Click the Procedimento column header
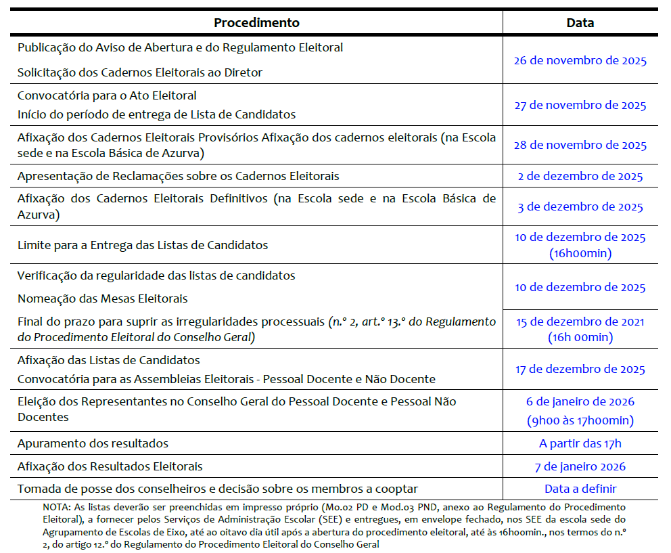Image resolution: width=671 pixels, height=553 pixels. pos(256,22)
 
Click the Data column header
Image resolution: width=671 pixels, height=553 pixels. pos(580,22)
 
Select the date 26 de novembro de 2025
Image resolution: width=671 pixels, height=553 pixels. pos(580,60)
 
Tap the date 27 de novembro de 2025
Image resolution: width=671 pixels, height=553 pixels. pos(580,105)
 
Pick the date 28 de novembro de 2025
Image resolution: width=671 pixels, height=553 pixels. pos(580,145)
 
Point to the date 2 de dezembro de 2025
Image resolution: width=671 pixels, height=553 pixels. pos(580,177)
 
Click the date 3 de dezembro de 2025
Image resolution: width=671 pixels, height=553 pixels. pos(580,207)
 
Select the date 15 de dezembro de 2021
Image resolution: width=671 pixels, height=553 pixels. pos(580,322)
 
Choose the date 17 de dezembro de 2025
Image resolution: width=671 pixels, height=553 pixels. pos(580,370)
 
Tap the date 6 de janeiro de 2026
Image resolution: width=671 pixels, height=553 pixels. pos(580,402)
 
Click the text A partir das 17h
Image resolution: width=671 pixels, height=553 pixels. pos(580,444)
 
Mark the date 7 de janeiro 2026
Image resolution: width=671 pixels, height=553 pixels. pos(580,466)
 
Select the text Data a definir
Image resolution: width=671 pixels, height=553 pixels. pos(580,489)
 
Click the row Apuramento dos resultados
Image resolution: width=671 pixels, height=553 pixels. pos(93,444)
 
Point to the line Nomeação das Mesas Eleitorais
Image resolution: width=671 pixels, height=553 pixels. pos(103,298)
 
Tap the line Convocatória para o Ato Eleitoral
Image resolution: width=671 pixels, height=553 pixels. pos(107,95)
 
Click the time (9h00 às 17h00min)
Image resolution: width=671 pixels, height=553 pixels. pos(580,420)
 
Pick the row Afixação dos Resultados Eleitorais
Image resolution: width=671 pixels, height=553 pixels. pos(110,466)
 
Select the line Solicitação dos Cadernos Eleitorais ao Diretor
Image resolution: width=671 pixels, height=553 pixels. pos(140,72)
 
